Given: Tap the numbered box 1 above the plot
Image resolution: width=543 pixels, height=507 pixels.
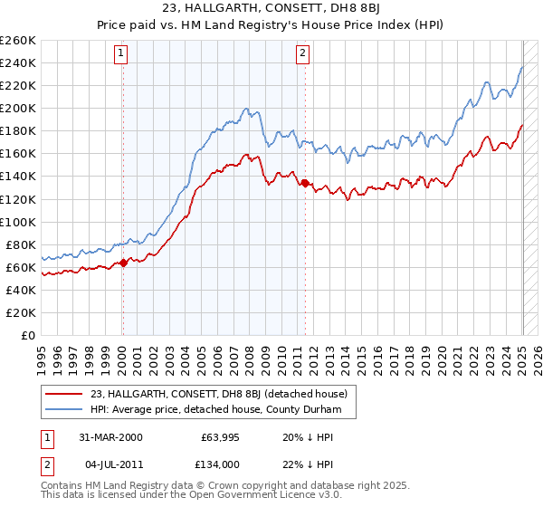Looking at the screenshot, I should [x=121, y=54].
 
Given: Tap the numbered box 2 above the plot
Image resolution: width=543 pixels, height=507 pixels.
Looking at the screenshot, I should [x=302, y=54].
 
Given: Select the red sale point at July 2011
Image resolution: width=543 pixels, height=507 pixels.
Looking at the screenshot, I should [x=305, y=183].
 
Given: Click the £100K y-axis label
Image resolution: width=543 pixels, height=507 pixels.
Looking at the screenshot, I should [x=19, y=222].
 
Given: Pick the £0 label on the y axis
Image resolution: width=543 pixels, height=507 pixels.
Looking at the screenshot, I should [x=28, y=335].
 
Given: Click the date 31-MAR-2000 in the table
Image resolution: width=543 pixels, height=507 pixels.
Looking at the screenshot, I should [x=109, y=437].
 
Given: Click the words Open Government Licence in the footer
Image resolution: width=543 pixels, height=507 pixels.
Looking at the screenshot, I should [x=250, y=496].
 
